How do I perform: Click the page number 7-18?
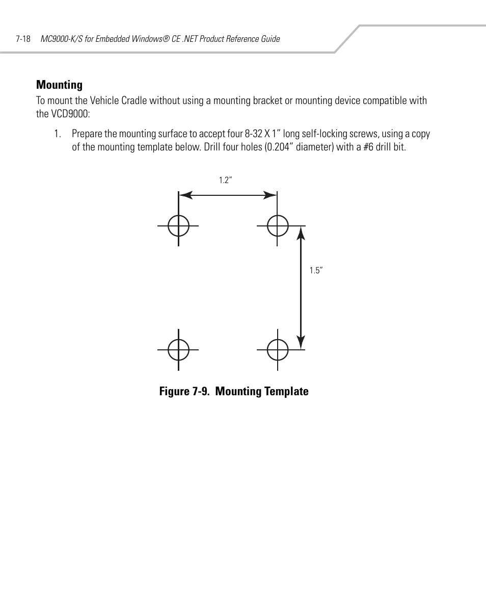pos(23,39)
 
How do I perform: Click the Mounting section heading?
pos(59,85)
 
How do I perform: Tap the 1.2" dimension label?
pos(226,180)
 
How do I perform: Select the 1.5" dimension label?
pos(316,271)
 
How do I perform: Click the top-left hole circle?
pos(178,225)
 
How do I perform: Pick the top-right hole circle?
pos(277,225)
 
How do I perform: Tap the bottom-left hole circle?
pos(178,350)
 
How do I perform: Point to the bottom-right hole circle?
pos(277,350)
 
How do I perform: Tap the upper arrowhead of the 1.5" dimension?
pos(301,234)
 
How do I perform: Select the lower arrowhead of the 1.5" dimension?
pos(301,342)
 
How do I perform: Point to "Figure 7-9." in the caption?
pos(185,392)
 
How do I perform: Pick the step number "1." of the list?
pos(58,134)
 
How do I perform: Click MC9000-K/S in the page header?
pos(62,39)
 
